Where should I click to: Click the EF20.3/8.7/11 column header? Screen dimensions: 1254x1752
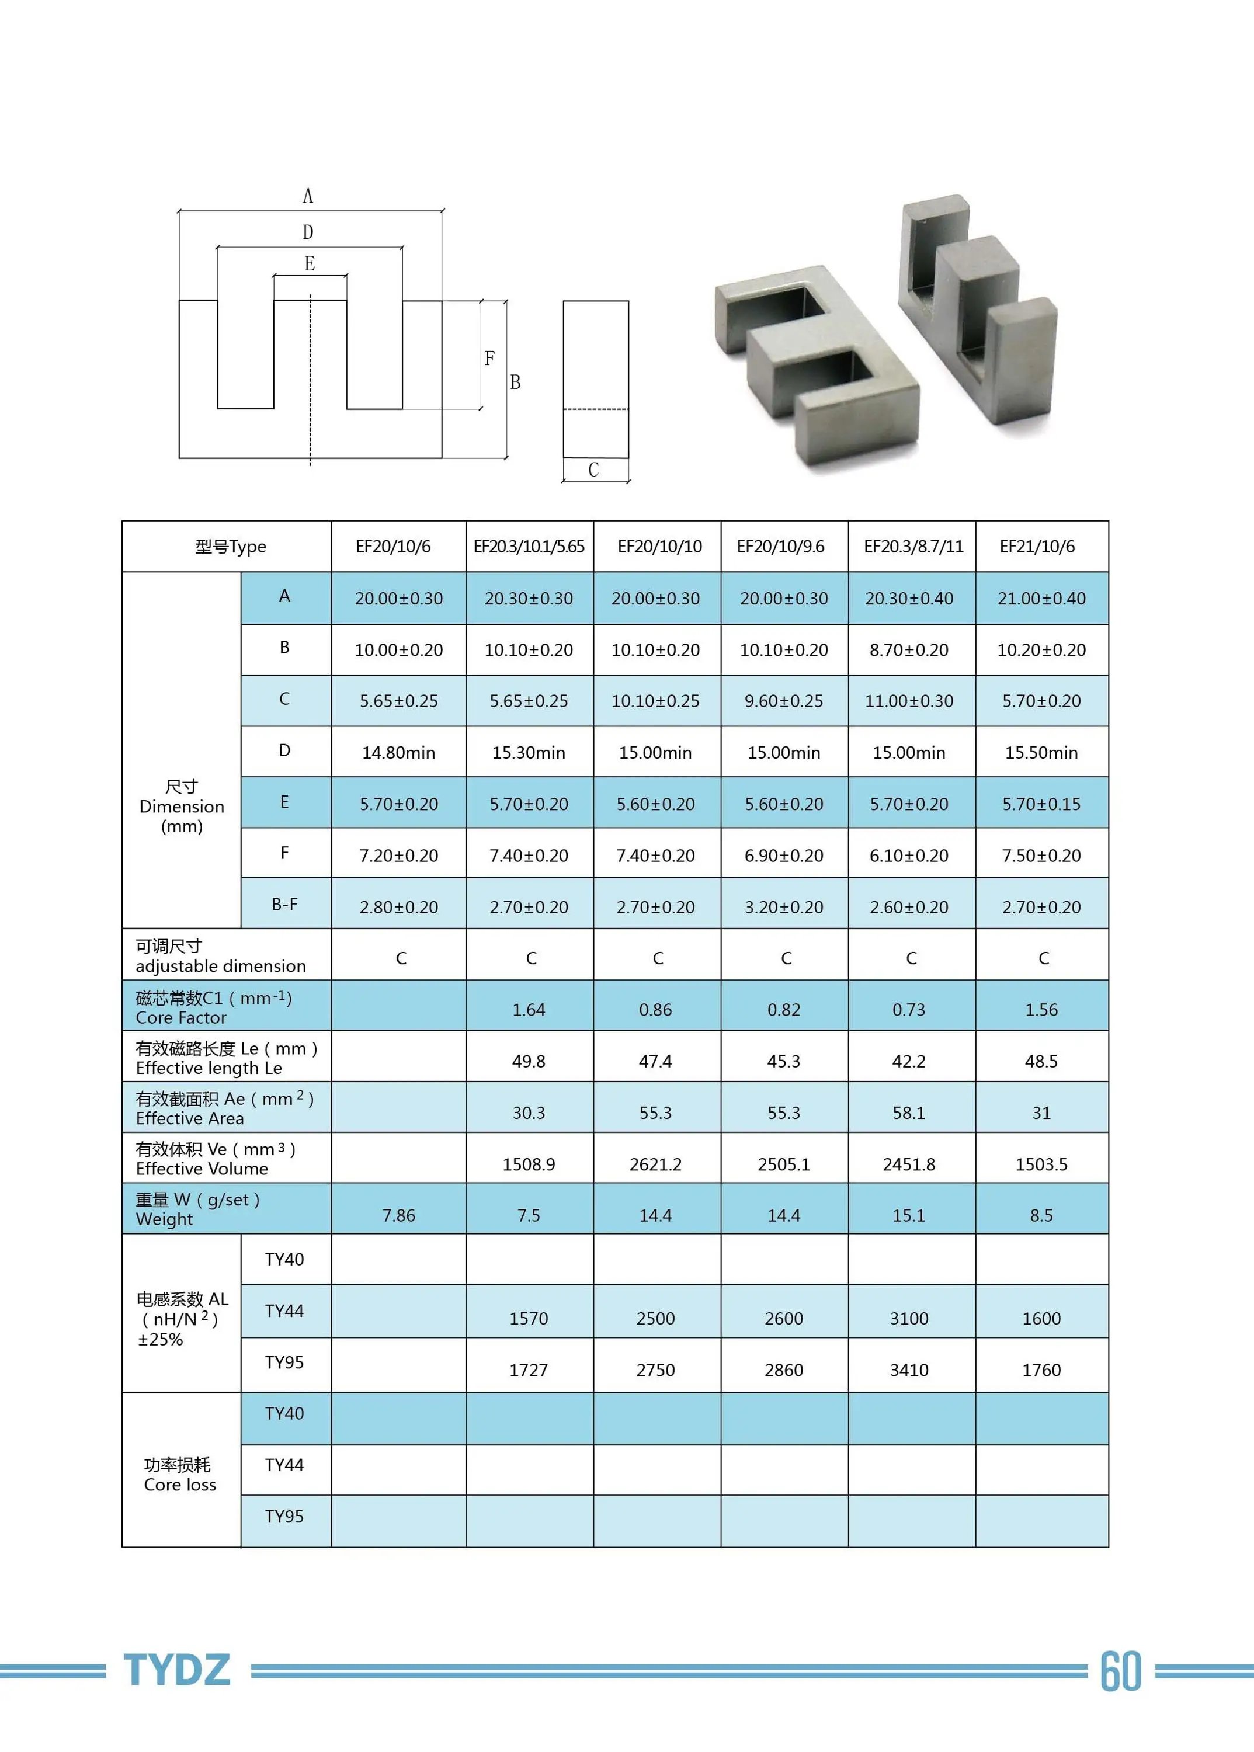[x=913, y=547]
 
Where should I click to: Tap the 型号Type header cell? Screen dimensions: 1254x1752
[x=230, y=547]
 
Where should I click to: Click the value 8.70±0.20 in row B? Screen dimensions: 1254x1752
[x=909, y=650]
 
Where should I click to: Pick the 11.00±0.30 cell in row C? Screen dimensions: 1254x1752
[x=909, y=701]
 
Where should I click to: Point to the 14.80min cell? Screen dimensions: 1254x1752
[x=398, y=753]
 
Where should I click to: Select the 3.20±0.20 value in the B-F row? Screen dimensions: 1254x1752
[x=784, y=908]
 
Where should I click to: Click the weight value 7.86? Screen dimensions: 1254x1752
[x=398, y=1215]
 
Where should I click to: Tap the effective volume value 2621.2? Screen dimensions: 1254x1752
[x=655, y=1164]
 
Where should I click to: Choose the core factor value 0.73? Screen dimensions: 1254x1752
[x=909, y=1010]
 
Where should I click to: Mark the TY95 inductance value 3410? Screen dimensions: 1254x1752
[x=909, y=1370]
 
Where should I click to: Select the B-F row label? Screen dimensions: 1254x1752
[x=284, y=904]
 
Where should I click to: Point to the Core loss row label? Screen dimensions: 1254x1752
[x=180, y=1475]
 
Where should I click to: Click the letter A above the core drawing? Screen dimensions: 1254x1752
[x=308, y=196]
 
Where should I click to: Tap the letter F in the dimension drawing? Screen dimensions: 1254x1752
[x=489, y=358]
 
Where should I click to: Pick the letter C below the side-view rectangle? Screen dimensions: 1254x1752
[x=593, y=470]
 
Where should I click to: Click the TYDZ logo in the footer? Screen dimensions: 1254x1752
[x=177, y=1670]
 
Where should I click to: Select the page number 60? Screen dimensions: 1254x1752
[x=1120, y=1671]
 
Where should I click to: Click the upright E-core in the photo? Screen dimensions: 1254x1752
[x=977, y=309]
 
